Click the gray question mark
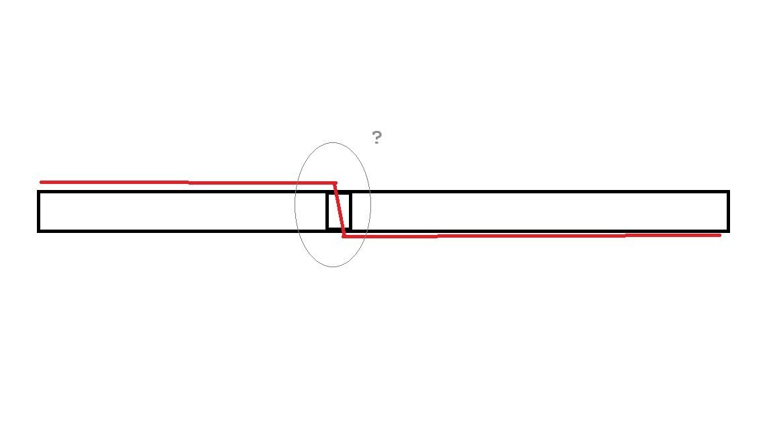click(376, 137)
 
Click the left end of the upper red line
click(41, 182)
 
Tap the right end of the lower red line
click(720, 235)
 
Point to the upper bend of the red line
click(336, 183)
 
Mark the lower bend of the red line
click(344, 236)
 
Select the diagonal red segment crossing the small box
click(340, 209)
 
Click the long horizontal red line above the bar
click(188, 183)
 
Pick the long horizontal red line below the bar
click(532, 236)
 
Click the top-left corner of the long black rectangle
click(38, 191)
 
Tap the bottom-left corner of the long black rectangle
click(38, 231)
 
